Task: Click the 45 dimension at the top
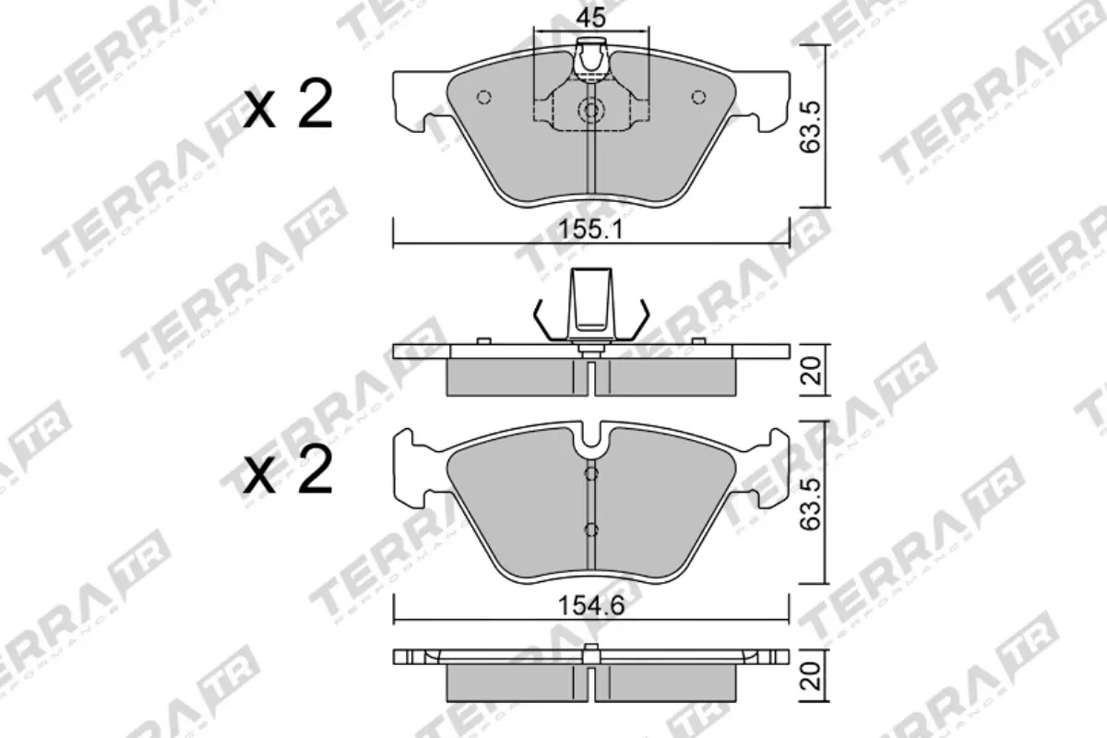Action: coord(591,17)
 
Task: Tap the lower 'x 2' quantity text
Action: coord(288,471)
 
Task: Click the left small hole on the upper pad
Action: coord(483,98)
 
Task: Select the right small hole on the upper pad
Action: coord(698,98)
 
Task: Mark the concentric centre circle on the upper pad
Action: coord(590,112)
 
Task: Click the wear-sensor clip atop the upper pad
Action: coord(590,59)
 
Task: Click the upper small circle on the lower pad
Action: coord(591,473)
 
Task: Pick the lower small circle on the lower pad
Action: coord(591,530)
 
